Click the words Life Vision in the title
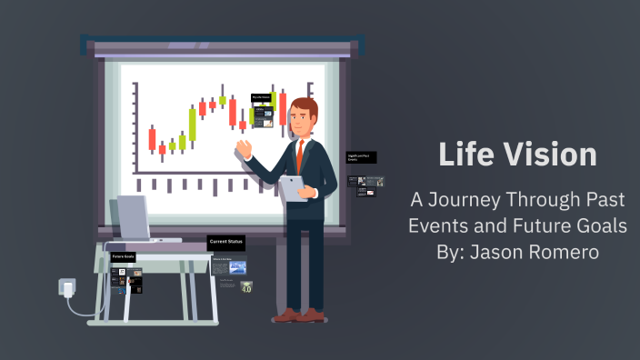517,154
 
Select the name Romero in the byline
567,252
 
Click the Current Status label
225,242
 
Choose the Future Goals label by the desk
123,257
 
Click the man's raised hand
242,146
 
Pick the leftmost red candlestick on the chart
152,138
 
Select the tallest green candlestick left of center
193,124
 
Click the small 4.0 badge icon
246,286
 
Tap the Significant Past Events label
361,156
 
